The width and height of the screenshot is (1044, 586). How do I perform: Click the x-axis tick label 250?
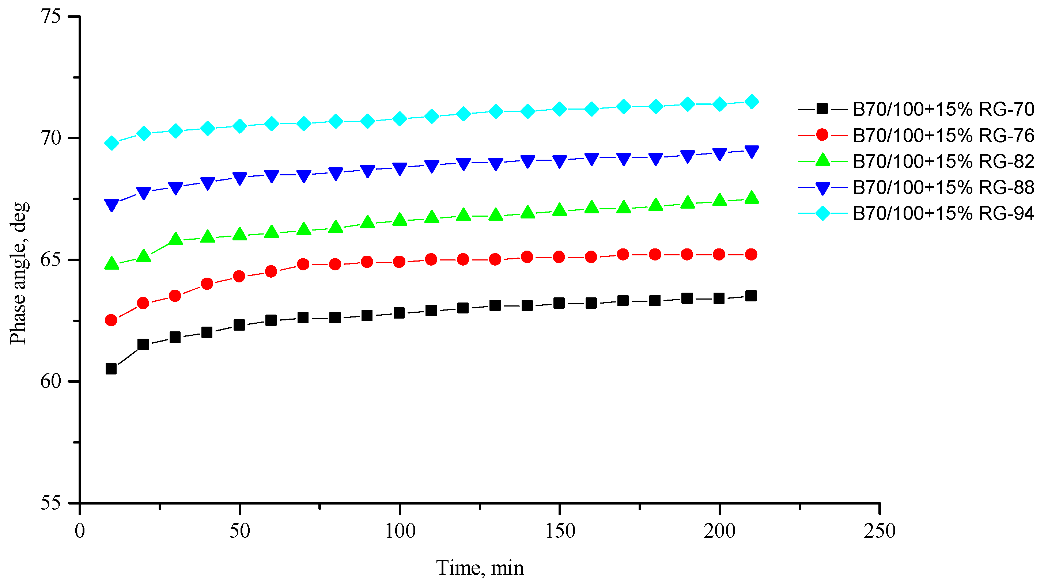pos(880,531)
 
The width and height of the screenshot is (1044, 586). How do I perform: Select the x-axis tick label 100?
pos(400,531)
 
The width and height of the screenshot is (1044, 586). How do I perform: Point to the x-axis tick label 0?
pos(80,531)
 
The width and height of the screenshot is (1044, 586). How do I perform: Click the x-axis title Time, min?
pos(480,568)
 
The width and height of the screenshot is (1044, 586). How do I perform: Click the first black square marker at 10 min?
pos(111,369)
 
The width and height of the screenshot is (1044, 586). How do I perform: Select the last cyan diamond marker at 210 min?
pos(751,102)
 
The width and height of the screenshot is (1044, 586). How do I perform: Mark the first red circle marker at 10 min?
pos(111,320)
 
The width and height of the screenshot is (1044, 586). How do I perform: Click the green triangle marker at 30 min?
pos(175,239)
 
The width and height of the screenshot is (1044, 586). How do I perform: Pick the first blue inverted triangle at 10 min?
pos(111,205)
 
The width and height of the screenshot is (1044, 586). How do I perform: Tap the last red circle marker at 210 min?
pos(751,255)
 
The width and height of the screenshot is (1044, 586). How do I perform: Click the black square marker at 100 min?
pos(399,313)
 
